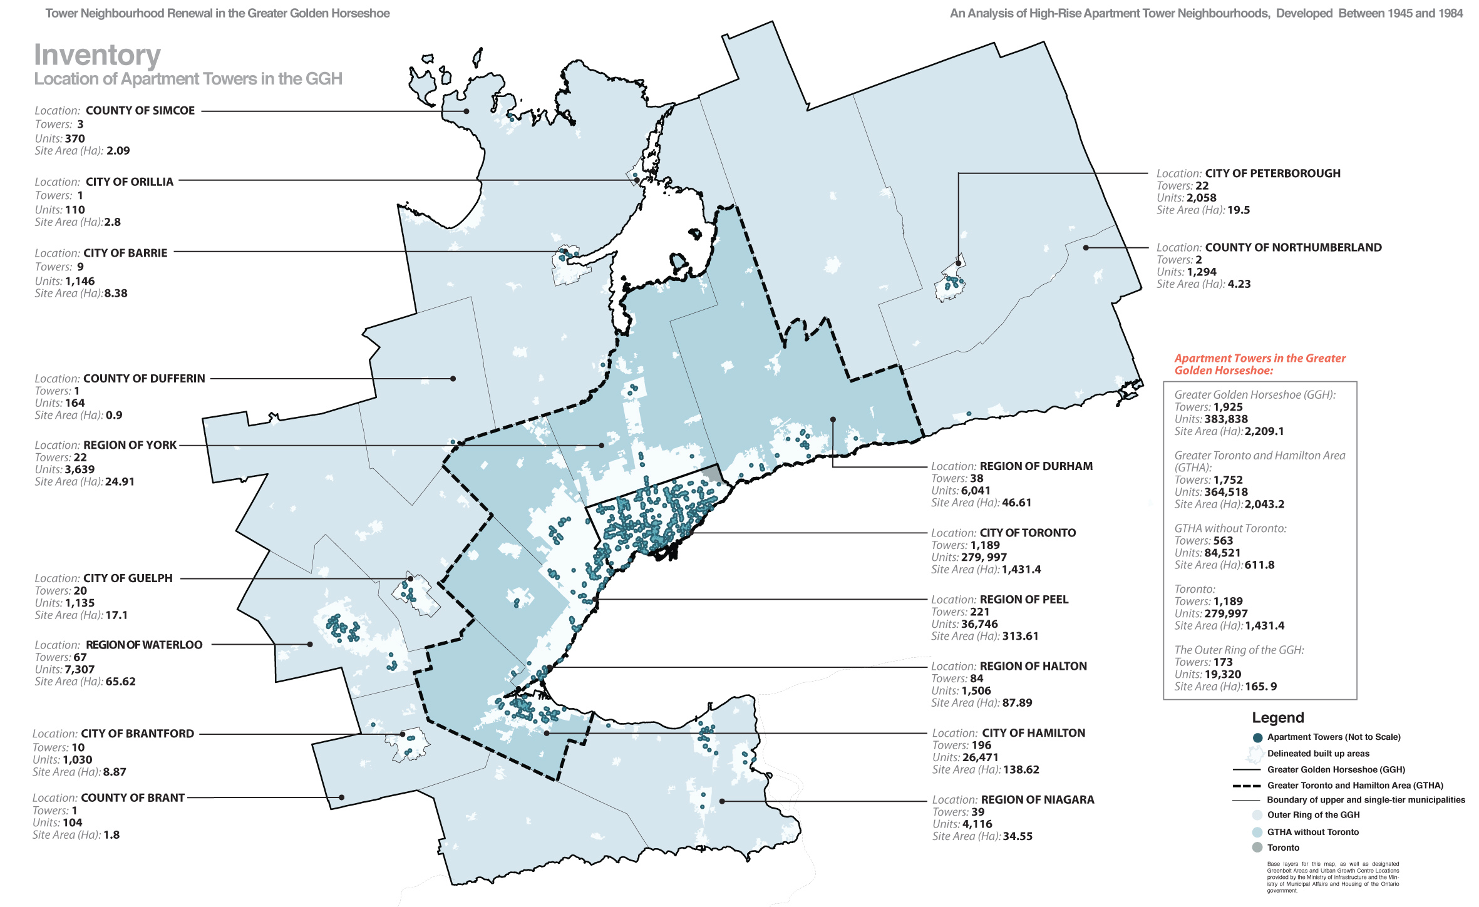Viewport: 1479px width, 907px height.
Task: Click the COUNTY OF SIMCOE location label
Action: tap(140, 111)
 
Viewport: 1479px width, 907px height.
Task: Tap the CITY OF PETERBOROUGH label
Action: tap(1272, 173)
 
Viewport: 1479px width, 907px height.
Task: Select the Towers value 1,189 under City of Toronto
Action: tap(985, 545)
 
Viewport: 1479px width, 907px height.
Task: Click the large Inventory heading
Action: tap(97, 55)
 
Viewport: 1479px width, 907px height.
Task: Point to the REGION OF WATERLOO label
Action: tap(144, 645)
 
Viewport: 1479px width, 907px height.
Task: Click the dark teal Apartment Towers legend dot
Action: tap(1257, 737)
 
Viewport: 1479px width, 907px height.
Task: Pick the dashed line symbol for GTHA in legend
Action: tap(1245, 786)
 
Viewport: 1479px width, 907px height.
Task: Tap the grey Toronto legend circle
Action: tap(1257, 848)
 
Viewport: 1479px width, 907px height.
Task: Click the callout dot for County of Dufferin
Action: tap(453, 379)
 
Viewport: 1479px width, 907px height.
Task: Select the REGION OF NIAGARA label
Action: tap(1037, 800)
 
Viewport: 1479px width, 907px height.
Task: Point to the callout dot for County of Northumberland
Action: tap(1086, 248)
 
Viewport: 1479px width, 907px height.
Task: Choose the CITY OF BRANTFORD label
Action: tap(137, 734)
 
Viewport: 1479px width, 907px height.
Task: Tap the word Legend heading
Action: tap(1277, 718)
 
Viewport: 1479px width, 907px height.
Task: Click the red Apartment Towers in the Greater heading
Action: tap(1259, 359)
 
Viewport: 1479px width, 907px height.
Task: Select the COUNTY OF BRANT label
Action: tap(133, 798)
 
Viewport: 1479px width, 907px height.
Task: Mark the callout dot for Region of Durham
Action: tap(833, 419)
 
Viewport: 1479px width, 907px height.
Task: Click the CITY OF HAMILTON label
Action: tap(1033, 733)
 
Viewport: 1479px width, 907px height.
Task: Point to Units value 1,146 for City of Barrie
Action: tap(80, 282)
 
